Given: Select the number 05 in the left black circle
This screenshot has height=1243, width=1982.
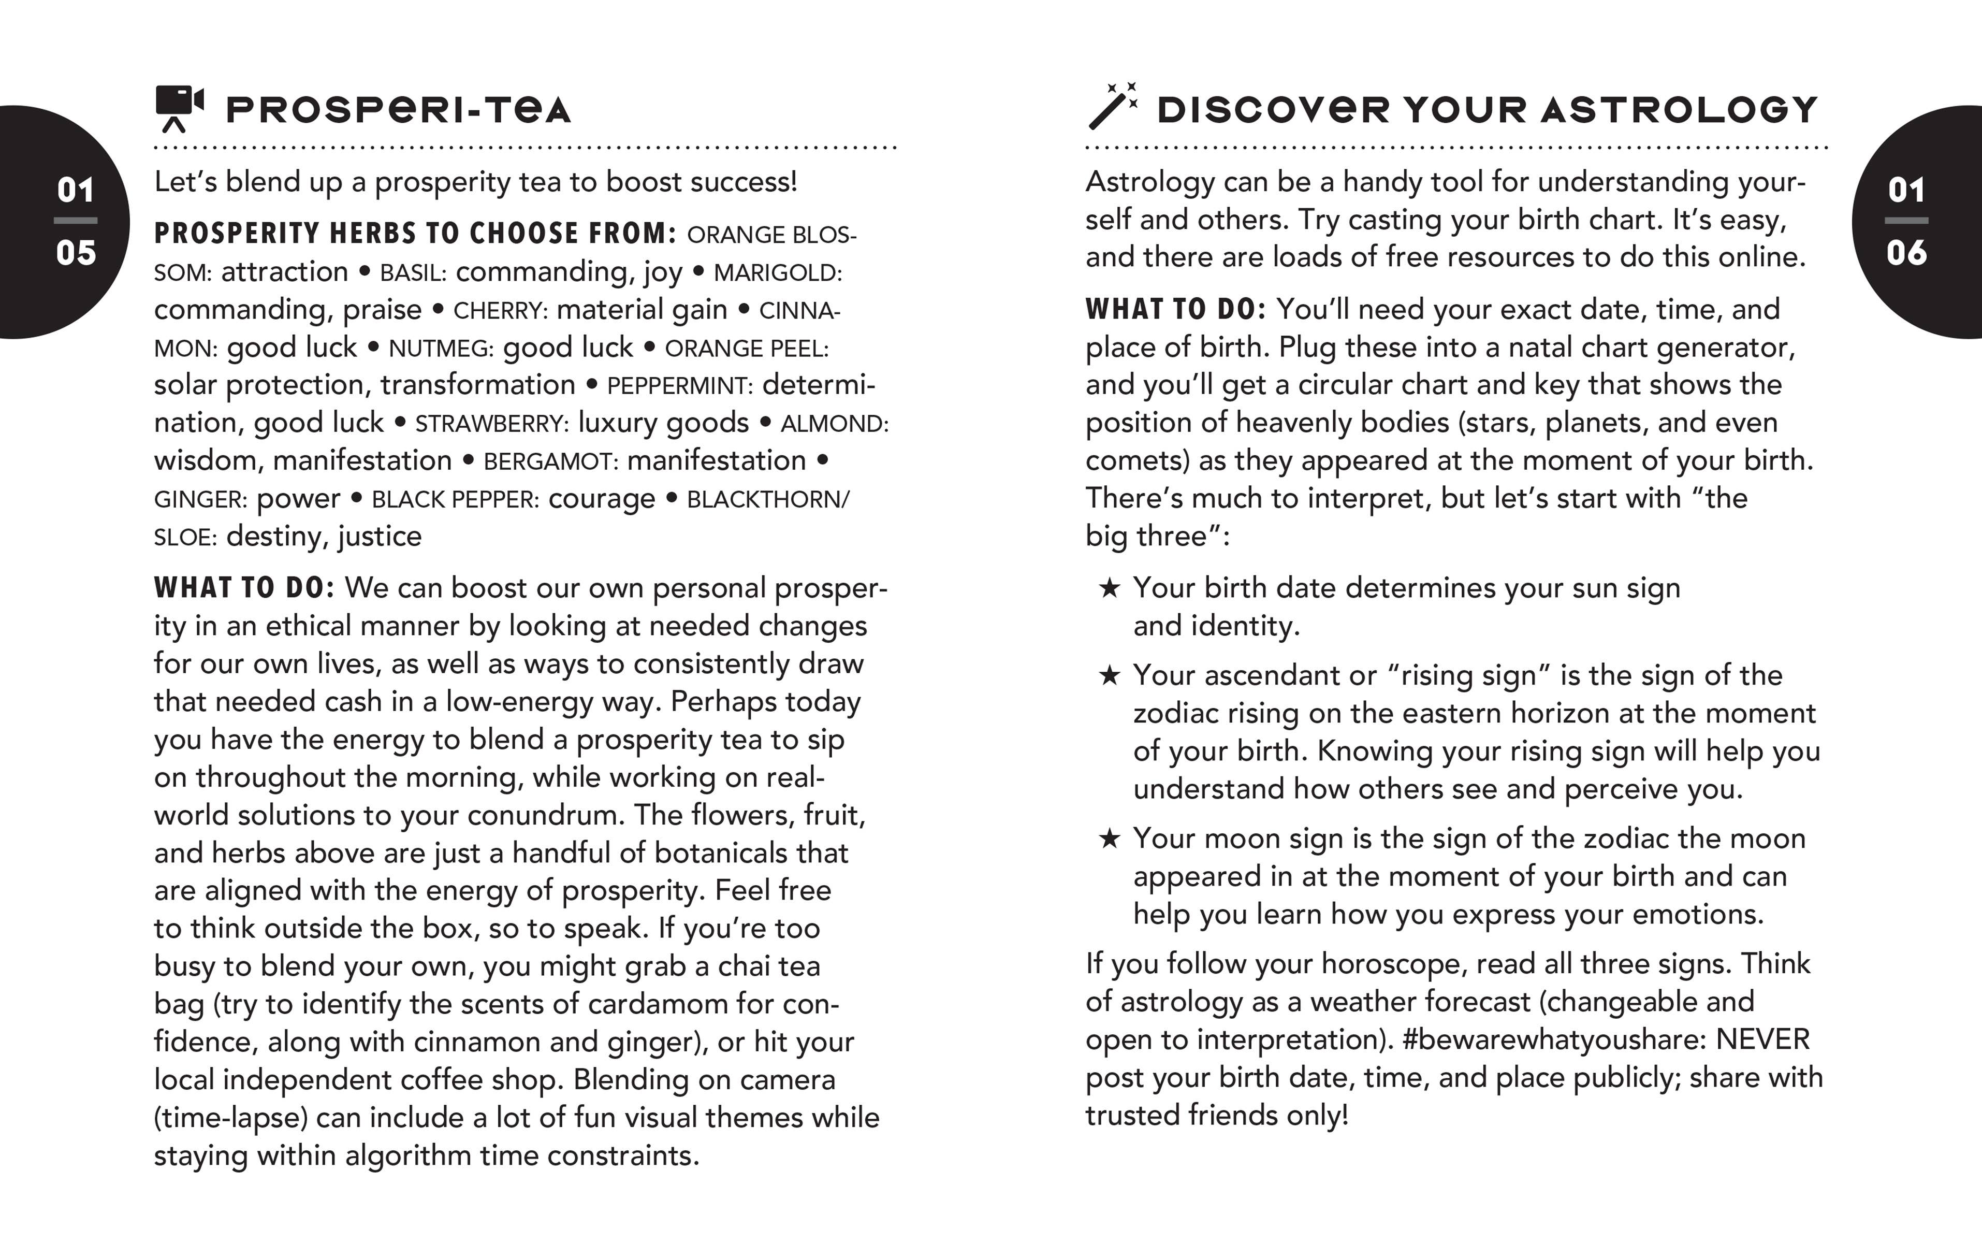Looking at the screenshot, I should point(76,252).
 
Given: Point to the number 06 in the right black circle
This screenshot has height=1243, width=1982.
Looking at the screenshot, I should point(1906,252).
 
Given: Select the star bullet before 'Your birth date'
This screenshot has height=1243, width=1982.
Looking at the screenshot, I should point(1110,588).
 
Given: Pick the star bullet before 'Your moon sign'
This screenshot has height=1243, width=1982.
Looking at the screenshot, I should point(1110,839).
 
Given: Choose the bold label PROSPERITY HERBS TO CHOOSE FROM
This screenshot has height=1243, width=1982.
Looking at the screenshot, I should point(415,234).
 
